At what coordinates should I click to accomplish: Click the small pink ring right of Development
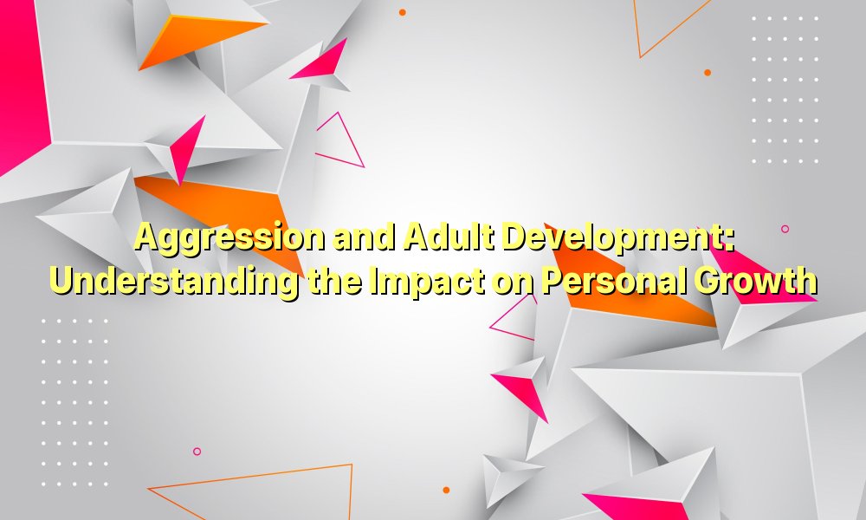pyautogui.click(x=785, y=229)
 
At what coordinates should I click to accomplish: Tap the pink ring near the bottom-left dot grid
pyautogui.click(x=197, y=452)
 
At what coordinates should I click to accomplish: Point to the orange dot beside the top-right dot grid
pyautogui.click(x=708, y=73)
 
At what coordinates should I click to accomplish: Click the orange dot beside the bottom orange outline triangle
pyautogui.click(x=446, y=490)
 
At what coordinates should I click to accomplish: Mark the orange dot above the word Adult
pyautogui.click(x=402, y=12)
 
